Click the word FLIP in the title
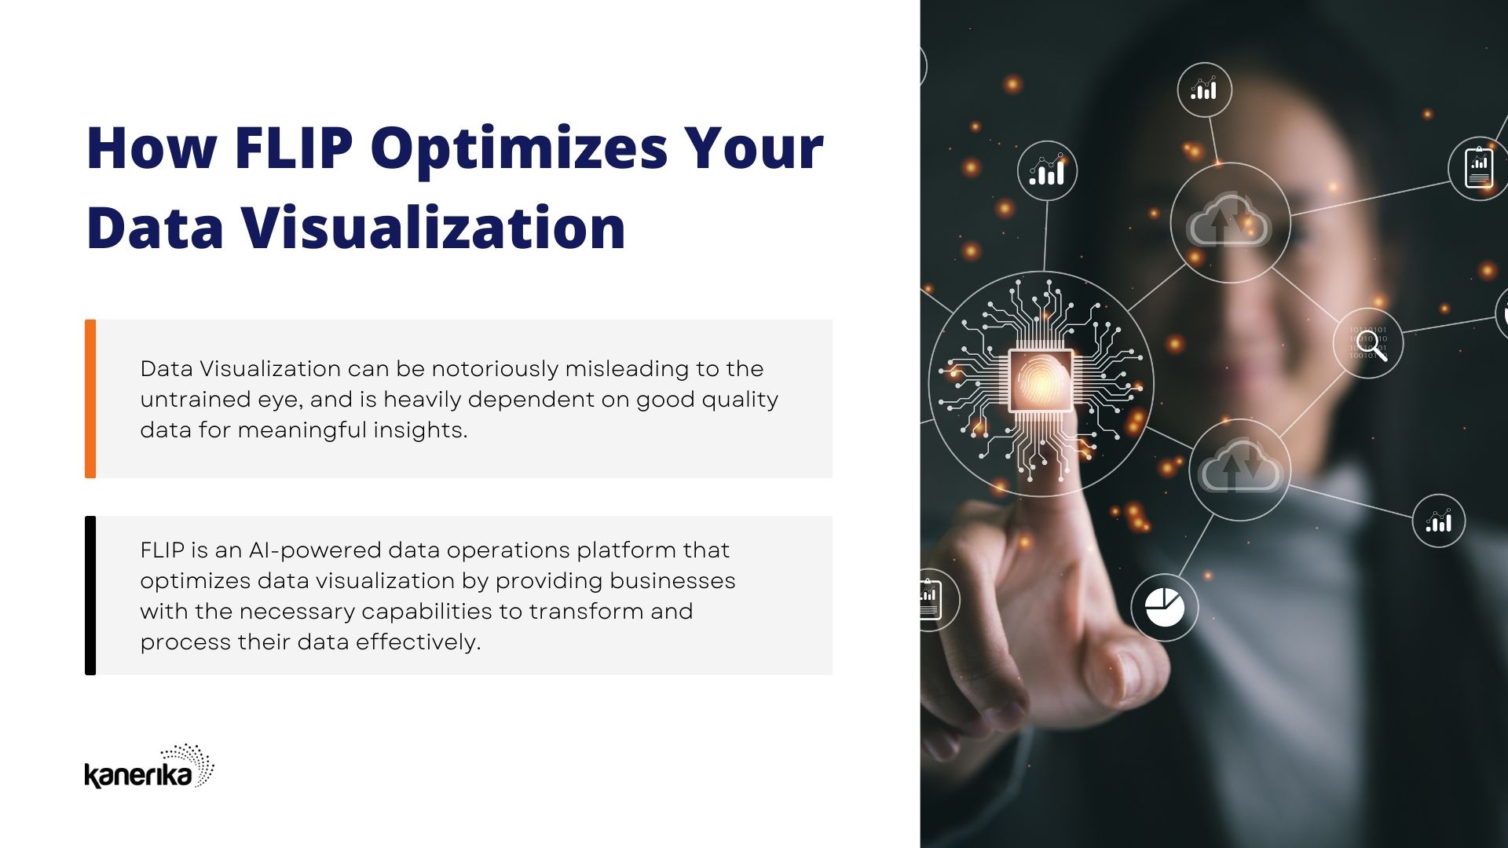tap(294, 148)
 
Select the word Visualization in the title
tap(434, 228)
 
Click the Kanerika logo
tap(149, 767)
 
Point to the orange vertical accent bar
tap(90, 399)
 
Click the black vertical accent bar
tap(90, 595)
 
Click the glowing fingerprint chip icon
tap(1041, 382)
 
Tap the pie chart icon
tap(1164, 607)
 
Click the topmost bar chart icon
tap(1203, 90)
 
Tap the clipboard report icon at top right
tap(1479, 167)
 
